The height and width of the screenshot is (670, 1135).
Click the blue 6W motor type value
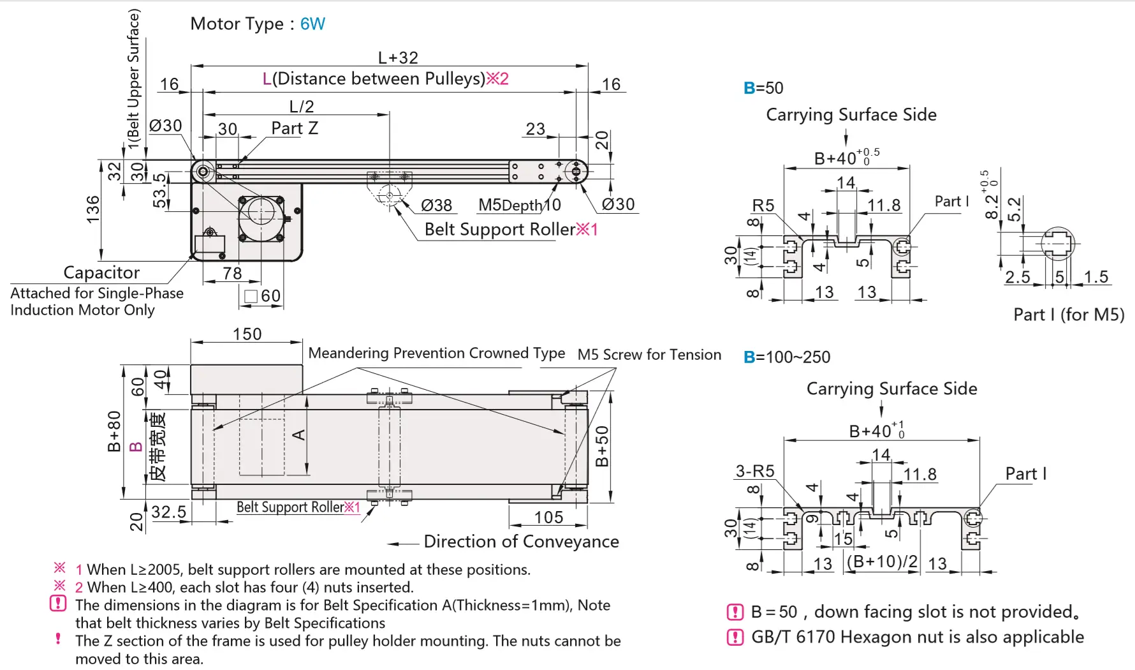point(312,24)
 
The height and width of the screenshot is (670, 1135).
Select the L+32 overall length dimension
point(398,57)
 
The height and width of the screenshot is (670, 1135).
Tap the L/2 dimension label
point(302,106)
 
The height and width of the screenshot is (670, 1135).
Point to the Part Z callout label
point(295,128)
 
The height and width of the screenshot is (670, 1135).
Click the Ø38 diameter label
point(437,205)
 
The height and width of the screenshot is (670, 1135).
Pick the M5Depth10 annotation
point(519,205)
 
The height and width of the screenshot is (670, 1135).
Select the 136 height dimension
point(93,209)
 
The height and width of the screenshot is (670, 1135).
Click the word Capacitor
point(101,272)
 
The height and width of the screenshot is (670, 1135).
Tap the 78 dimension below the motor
point(232,273)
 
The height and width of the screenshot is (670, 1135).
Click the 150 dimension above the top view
point(247,334)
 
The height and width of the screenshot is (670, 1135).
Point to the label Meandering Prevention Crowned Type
point(436,353)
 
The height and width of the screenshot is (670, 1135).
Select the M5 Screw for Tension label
point(649,355)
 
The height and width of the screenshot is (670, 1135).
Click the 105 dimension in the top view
point(548,517)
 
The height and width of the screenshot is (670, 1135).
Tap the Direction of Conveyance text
point(521,542)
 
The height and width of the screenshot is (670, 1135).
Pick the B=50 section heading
point(763,88)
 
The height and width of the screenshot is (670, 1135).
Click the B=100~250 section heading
point(787,357)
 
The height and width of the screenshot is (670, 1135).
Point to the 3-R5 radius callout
point(755,471)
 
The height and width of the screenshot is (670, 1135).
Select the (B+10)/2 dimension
point(882,562)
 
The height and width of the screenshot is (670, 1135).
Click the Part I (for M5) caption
point(1069,315)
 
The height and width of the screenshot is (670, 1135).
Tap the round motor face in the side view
point(261,211)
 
